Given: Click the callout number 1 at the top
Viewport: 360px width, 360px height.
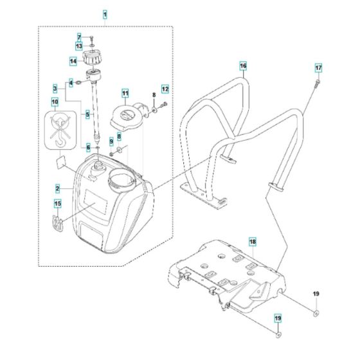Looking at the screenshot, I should (105, 13).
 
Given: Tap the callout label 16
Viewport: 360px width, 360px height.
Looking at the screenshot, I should (242, 66).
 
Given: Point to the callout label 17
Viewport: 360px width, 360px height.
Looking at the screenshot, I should (318, 67).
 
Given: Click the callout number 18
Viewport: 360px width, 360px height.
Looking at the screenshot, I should (253, 241).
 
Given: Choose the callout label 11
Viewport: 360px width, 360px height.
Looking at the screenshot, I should (125, 93).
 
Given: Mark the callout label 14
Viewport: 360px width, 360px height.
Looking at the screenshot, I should (74, 61).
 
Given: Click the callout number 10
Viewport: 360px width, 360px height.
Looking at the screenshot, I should (55, 102).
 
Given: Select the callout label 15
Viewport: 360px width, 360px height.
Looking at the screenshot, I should (57, 205).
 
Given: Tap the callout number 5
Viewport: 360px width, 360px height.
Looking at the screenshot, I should (88, 114).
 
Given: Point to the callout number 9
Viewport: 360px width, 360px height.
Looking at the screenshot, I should (111, 140).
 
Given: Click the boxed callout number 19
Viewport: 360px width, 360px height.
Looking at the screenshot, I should (278, 318).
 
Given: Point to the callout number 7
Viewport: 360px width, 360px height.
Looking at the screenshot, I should (80, 37).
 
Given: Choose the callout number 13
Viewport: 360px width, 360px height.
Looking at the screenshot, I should (78, 46).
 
